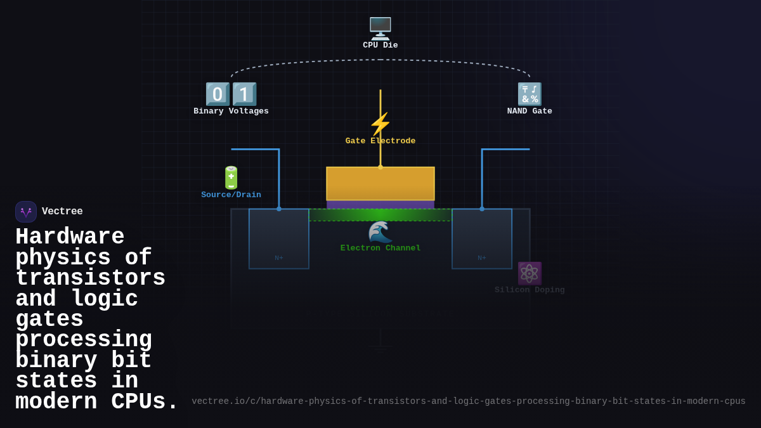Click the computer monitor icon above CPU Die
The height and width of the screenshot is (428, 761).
380,28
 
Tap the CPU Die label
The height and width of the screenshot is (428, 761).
380,46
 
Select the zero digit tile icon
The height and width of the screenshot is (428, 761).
218,94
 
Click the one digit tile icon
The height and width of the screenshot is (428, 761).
244,94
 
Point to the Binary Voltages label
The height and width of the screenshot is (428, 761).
231,112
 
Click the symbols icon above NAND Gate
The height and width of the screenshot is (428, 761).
530,94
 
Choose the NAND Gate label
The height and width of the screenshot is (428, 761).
530,112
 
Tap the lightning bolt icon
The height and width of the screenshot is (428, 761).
380,124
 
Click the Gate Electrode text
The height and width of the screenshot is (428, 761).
380,141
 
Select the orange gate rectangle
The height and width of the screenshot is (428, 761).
380,183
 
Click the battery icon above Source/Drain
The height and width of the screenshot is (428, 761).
231,178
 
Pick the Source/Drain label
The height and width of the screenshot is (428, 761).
231,195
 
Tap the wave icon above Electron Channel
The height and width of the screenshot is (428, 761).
380,231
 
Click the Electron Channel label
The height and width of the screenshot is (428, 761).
380,249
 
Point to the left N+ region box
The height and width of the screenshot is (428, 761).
279,239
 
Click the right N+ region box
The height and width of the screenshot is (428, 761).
482,239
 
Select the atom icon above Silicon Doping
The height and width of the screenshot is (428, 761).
530,273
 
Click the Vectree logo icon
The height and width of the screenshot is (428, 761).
26,212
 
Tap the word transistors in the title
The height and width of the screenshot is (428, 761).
90,278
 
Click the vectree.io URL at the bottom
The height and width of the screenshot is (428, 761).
469,401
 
